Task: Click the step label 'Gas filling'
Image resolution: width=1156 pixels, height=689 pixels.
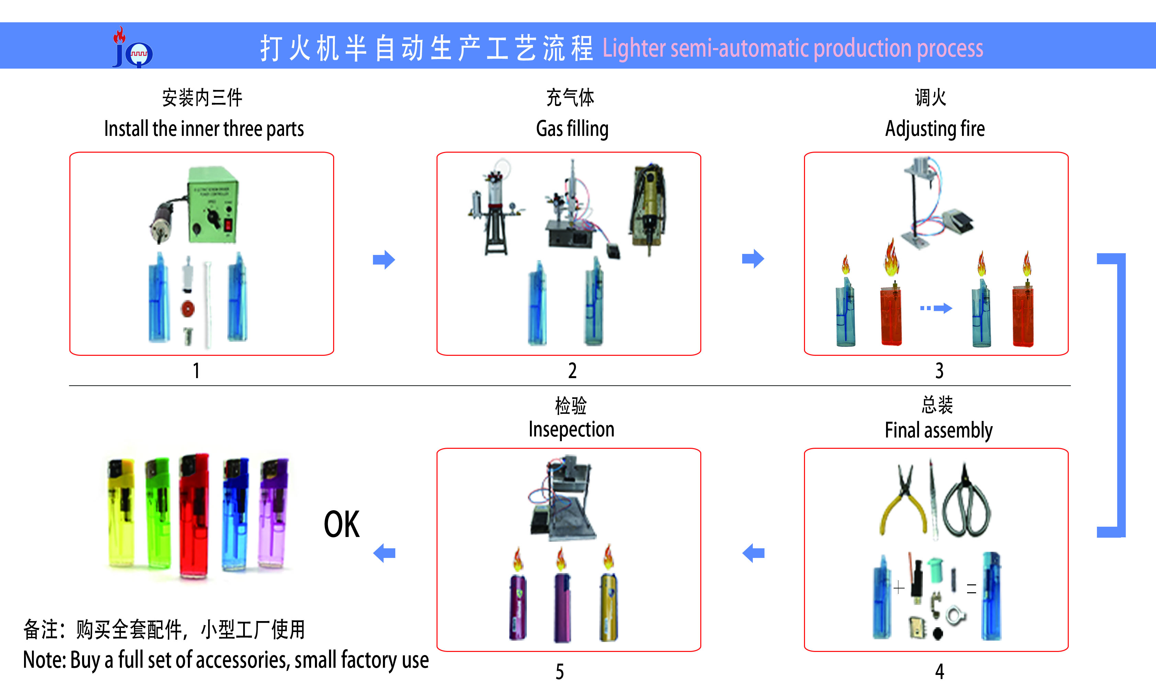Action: [572, 129]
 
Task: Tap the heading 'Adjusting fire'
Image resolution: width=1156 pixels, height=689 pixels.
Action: [935, 129]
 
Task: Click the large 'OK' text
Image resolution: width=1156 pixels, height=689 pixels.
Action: [341, 525]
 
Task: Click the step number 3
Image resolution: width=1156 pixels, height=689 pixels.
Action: [939, 371]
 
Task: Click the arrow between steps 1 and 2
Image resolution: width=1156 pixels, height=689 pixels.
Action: [384, 259]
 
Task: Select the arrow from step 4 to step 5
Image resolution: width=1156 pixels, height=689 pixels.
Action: [753, 553]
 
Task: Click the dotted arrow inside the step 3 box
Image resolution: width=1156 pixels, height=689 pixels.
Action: [936, 308]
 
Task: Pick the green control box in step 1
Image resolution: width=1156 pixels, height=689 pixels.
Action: [213, 205]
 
